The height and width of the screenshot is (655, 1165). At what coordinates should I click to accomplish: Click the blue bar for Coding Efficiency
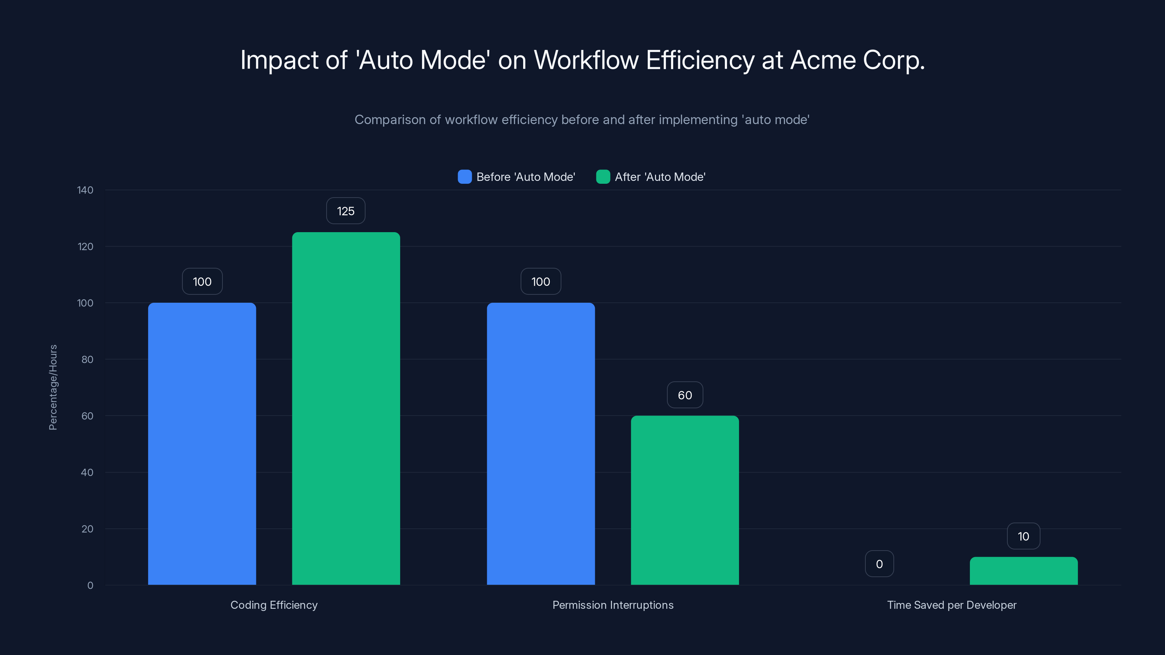pyautogui.click(x=202, y=444)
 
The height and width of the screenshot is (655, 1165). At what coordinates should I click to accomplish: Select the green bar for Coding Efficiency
pyautogui.click(x=346, y=408)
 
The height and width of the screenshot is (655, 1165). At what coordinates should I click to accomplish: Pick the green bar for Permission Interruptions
pyautogui.click(x=685, y=500)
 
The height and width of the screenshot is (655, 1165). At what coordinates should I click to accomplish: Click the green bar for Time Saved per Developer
pyautogui.click(x=1023, y=571)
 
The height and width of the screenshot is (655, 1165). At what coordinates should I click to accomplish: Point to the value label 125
pyautogui.click(x=345, y=211)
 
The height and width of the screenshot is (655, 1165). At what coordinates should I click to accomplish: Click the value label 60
pyautogui.click(x=685, y=395)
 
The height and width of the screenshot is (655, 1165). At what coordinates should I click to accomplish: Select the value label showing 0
pyautogui.click(x=879, y=564)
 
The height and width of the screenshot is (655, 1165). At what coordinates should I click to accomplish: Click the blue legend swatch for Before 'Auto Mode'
pyautogui.click(x=465, y=177)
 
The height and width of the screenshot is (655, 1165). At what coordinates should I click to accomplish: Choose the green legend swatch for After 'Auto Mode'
pyautogui.click(x=603, y=177)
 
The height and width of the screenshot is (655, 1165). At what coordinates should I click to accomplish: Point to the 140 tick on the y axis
pyautogui.click(x=85, y=190)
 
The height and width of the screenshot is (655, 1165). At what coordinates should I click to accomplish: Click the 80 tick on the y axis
pyautogui.click(x=87, y=360)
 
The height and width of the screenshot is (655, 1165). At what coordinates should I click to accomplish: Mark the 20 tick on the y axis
pyautogui.click(x=87, y=528)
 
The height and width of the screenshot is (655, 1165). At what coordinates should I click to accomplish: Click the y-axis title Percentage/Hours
pyautogui.click(x=53, y=388)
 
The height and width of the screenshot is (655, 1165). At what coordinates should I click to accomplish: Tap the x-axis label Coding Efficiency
pyautogui.click(x=274, y=605)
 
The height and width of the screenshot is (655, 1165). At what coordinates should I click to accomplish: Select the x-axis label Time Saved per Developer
pyautogui.click(x=952, y=605)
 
